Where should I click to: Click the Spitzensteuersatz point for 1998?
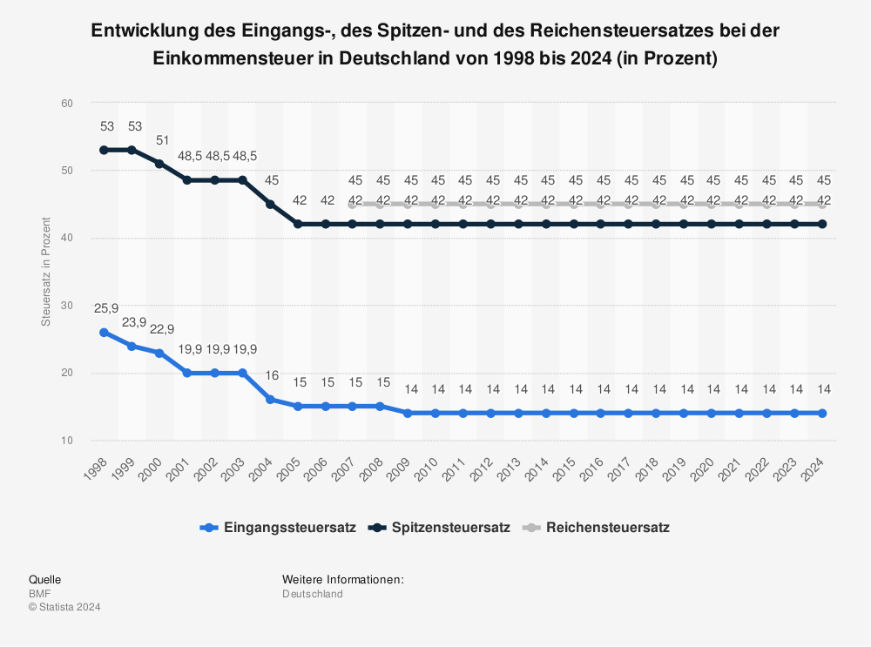[x=104, y=150]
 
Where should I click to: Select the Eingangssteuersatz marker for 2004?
[x=270, y=400]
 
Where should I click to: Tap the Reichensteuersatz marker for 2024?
[x=822, y=204]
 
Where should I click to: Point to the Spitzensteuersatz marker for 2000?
[x=159, y=164]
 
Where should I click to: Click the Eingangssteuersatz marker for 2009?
[x=408, y=413]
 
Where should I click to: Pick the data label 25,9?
[x=106, y=308]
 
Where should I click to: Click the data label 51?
[x=162, y=140]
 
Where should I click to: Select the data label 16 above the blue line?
[x=272, y=375]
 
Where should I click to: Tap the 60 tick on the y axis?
[x=67, y=104]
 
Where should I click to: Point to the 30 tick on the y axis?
[x=67, y=306]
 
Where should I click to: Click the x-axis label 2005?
[x=288, y=470]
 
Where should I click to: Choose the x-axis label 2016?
[x=591, y=470]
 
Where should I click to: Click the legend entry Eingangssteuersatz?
[x=278, y=528]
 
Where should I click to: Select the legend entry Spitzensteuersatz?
[x=439, y=528]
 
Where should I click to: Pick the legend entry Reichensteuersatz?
[x=596, y=528]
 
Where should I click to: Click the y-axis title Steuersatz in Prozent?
[x=46, y=272]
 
